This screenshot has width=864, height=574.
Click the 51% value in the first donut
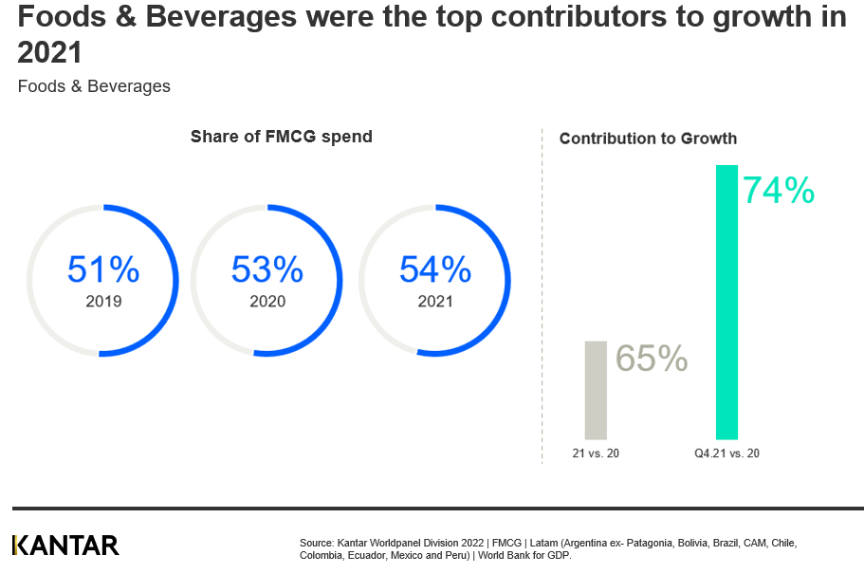pos(103,270)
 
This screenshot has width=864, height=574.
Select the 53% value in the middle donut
pos(267,270)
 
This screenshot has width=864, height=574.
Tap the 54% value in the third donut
pos(435,270)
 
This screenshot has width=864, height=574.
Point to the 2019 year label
pos(103,302)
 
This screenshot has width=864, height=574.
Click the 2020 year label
pos(267,302)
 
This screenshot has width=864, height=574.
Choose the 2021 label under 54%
pos(435,302)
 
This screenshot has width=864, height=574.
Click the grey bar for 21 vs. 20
pos(595,390)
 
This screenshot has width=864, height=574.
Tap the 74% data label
pos(778,191)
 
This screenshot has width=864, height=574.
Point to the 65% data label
pos(652,359)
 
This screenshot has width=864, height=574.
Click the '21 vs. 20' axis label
pos(596,454)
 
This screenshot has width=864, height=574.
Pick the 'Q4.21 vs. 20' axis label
pos(726,454)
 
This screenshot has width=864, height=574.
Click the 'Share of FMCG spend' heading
pos(281,137)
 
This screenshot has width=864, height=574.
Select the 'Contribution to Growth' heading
pos(648,139)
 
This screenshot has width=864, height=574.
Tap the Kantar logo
pos(65,545)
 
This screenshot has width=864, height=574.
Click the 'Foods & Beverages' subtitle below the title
pos(94,86)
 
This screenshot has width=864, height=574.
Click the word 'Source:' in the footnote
pos(317,543)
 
